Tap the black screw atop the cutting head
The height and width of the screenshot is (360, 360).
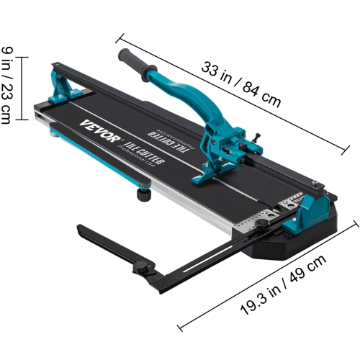(254, 136)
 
